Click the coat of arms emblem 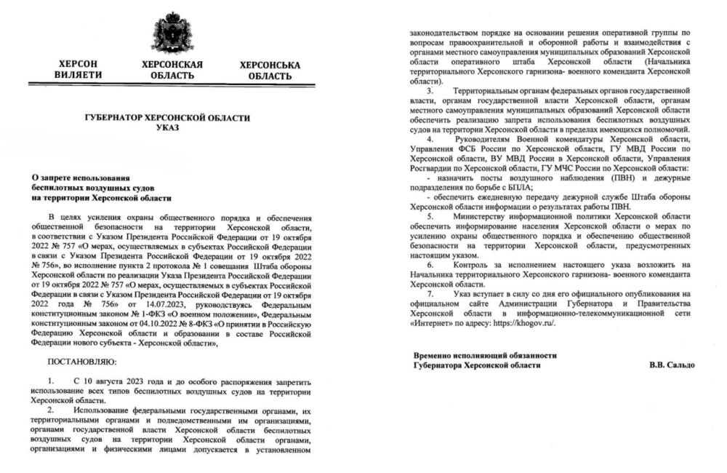click(x=172, y=33)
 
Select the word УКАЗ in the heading click(x=172, y=128)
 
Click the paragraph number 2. click(x=51, y=410)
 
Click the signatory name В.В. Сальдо click(x=672, y=365)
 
